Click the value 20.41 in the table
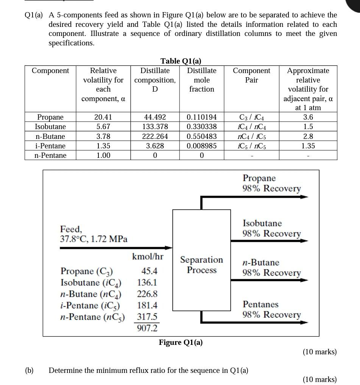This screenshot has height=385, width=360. pyautogui.click(x=103, y=117)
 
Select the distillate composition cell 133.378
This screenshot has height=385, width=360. pyautogui.click(x=155, y=127)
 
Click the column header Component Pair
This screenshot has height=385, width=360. pyautogui.click(x=251, y=75)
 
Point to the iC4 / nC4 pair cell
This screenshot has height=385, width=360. pyautogui.click(x=251, y=127)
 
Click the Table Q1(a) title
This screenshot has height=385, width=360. pyautogui.click(x=181, y=61)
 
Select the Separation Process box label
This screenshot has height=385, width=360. pyautogui.click(x=201, y=265)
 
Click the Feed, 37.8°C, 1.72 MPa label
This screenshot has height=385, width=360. pyautogui.click(x=94, y=234)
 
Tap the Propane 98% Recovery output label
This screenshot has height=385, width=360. pyautogui.click(x=271, y=183)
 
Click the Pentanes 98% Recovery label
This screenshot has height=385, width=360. pyautogui.click(x=271, y=310)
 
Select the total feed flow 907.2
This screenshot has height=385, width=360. pyautogui.click(x=147, y=328)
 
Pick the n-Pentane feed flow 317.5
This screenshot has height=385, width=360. pyautogui.click(x=147, y=317)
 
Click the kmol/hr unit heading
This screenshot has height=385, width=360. pyautogui.click(x=148, y=257)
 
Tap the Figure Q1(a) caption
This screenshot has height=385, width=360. pyautogui.click(x=181, y=343)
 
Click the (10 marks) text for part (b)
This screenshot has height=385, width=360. pyautogui.click(x=319, y=379)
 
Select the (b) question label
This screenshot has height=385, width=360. pyautogui.click(x=29, y=370)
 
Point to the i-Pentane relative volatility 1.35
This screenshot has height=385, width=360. pyautogui.click(x=103, y=146)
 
